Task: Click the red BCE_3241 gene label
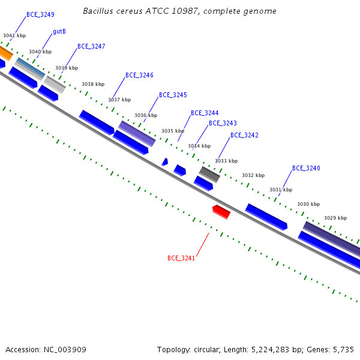(181, 258)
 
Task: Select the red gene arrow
(221, 212)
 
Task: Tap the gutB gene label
(59, 31)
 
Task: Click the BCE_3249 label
(40, 14)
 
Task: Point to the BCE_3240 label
(306, 168)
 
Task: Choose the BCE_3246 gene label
(139, 76)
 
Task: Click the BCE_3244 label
(205, 113)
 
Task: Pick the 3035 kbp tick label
(173, 131)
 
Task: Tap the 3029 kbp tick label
(335, 218)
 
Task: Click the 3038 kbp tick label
(93, 84)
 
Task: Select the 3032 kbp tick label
(253, 175)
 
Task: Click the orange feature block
(5, 53)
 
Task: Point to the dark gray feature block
(209, 175)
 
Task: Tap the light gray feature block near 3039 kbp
(55, 85)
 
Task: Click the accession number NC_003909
(65, 350)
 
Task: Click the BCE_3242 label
(244, 135)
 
